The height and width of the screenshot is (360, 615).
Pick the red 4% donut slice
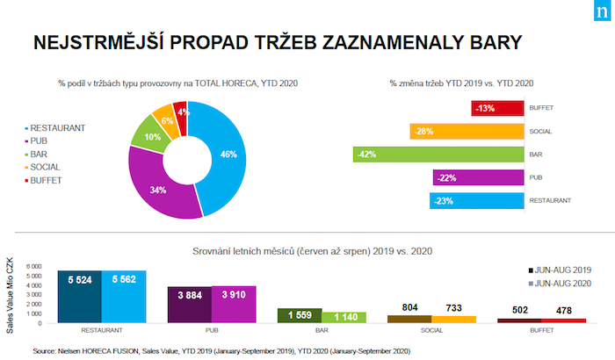181,112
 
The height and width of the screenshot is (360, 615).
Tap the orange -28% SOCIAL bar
457,132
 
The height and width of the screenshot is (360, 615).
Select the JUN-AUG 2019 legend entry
562,270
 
